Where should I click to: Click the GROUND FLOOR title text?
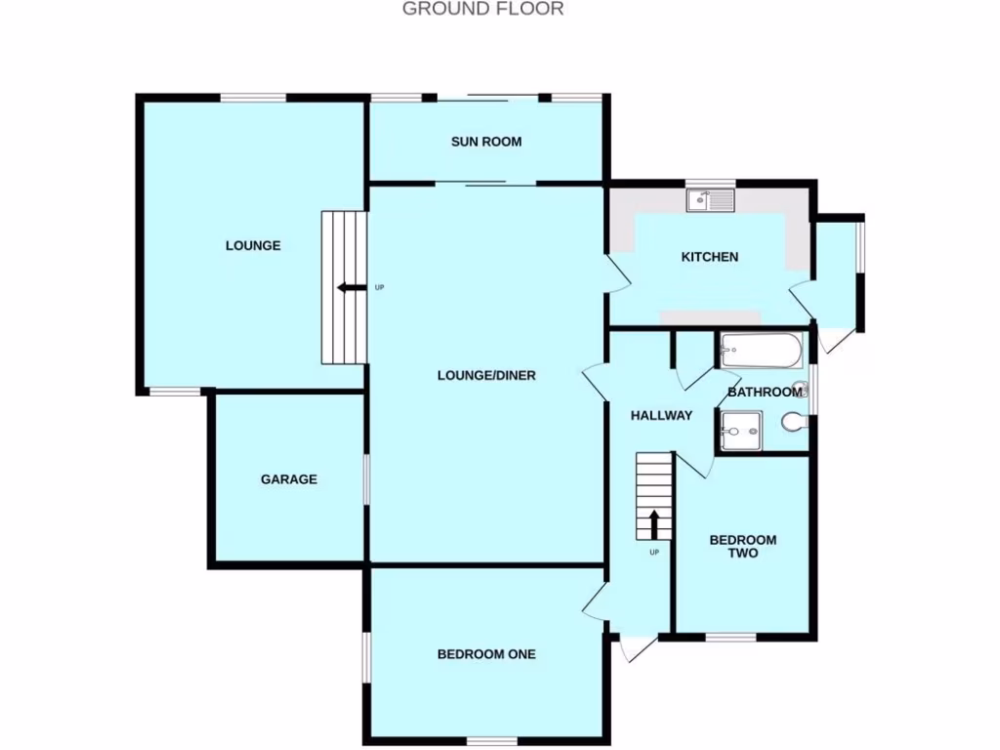[x=482, y=10]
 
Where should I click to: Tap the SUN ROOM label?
[x=485, y=142]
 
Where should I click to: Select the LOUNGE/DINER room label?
[x=485, y=375]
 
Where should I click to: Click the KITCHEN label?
[x=709, y=257]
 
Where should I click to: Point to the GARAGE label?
[x=288, y=479]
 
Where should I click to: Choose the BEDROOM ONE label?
[x=485, y=654]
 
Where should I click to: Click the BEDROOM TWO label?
[x=742, y=546]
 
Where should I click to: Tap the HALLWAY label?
[x=660, y=415]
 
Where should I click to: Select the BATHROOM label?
[x=765, y=392]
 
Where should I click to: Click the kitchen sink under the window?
[x=710, y=201]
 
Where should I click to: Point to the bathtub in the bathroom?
[x=761, y=350]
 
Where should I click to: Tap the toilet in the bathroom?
[x=794, y=422]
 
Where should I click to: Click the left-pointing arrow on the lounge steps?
[x=347, y=287]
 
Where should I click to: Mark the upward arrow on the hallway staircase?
[x=653, y=524]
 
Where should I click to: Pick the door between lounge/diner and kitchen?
[x=618, y=273]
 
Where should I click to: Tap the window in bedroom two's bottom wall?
[x=730, y=638]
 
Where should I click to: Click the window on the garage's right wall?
[x=367, y=479]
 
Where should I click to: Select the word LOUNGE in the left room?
[x=253, y=246]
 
